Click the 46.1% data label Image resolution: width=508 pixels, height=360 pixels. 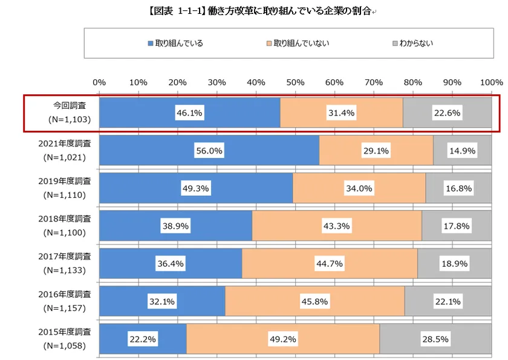click(x=190, y=113)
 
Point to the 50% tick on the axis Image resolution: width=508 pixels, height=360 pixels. click(x=295, y=82)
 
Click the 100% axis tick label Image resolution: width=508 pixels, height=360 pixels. click(x=490, y=82)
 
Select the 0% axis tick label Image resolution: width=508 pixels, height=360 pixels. click(x=100, y=82)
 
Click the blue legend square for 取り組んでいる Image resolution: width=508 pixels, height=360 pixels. click(x=151, y=44)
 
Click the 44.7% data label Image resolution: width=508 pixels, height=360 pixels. click(x=330, y=264)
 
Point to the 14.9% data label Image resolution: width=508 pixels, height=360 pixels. click(x=461, y=151)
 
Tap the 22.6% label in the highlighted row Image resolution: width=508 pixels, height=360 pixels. click(x=446, y=113)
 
